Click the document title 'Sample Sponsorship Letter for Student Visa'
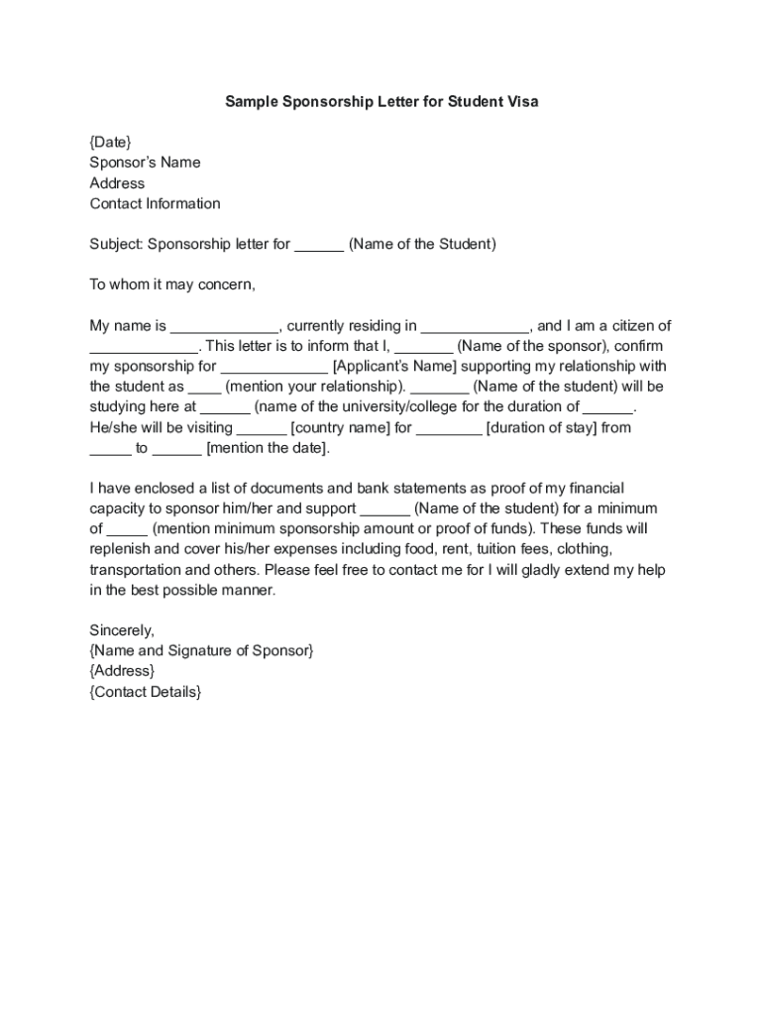click(x=381, y=101)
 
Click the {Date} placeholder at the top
click(x=110, y=142)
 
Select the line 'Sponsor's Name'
click(x=145, y=163)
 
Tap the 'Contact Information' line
click(x=155, y=203)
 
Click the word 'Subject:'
click(x=117, y=244)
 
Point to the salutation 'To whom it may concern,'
click(x=172, y=284)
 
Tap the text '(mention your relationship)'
click(x=315, y=387)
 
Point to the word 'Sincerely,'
click(x=122, y=630)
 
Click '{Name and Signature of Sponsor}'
click(x=201, y=650)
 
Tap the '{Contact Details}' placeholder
click(x=145, y=692)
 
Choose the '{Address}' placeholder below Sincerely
click(x=122, y=671)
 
